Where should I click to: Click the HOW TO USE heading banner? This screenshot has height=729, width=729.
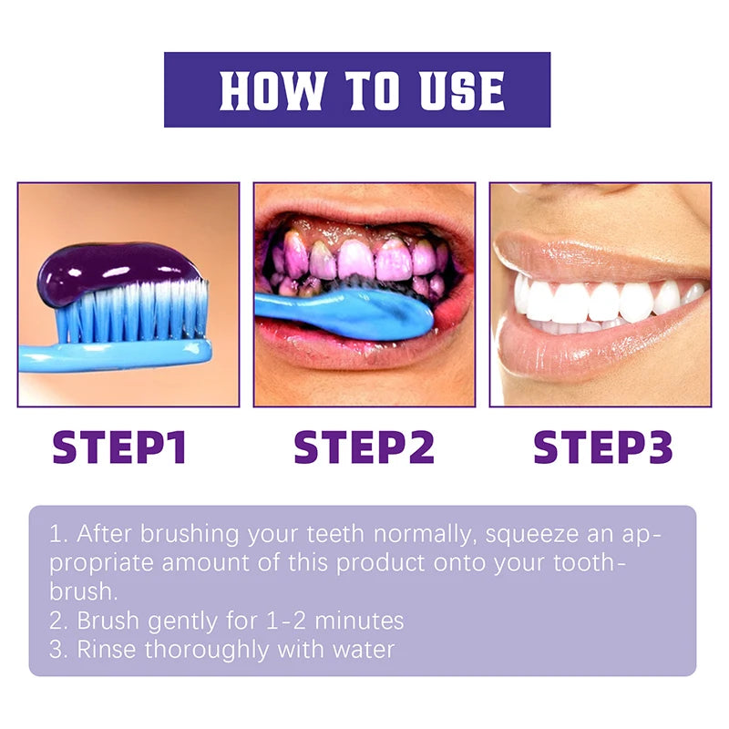tap(357, 89)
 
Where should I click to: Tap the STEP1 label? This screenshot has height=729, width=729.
tap(119, 447)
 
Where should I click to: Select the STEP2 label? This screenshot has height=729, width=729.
tap(364, 447)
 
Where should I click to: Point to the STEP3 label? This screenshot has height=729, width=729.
tap(602, 447)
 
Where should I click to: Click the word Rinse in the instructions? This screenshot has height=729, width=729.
tap(107, 650)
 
